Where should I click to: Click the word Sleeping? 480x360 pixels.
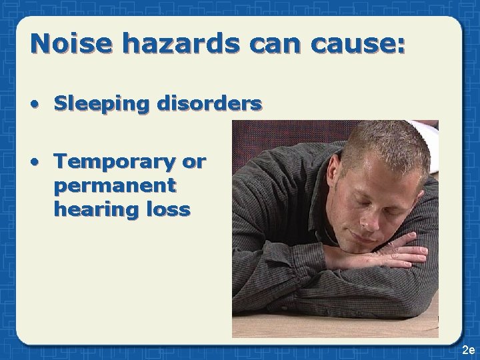point(103,105)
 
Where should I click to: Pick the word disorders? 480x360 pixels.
point(210,103)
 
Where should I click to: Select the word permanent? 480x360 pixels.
point(115,185)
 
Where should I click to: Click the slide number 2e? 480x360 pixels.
point(467,350)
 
